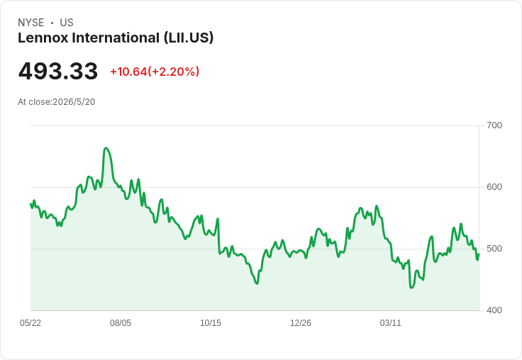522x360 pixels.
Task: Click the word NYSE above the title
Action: coord(31,23)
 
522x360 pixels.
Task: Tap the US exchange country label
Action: coord(67,23)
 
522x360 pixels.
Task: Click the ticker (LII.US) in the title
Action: coord(189,38)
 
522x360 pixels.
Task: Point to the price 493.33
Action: coord(58,71)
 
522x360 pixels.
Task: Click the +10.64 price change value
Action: coord(128,72)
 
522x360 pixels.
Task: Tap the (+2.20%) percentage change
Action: coord(174,72)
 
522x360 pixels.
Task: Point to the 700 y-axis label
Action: coord(494,125)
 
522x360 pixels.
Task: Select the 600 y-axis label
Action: coord(494,187)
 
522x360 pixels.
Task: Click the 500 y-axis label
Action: coord(494,249)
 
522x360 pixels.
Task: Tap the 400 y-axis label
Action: coord(494,310)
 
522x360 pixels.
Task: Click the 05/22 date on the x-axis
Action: coord(30,323)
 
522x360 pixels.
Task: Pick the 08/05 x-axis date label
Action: coord(121,323)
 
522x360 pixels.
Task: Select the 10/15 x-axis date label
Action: coord(211,323)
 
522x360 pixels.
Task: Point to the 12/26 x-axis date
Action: coord(301,323)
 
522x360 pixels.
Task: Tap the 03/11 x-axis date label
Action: coord(391,323)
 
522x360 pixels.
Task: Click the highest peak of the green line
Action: coord(106,147)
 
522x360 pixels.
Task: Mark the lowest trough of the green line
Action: coord(412,287)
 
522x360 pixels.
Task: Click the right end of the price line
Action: coord(479,254)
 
